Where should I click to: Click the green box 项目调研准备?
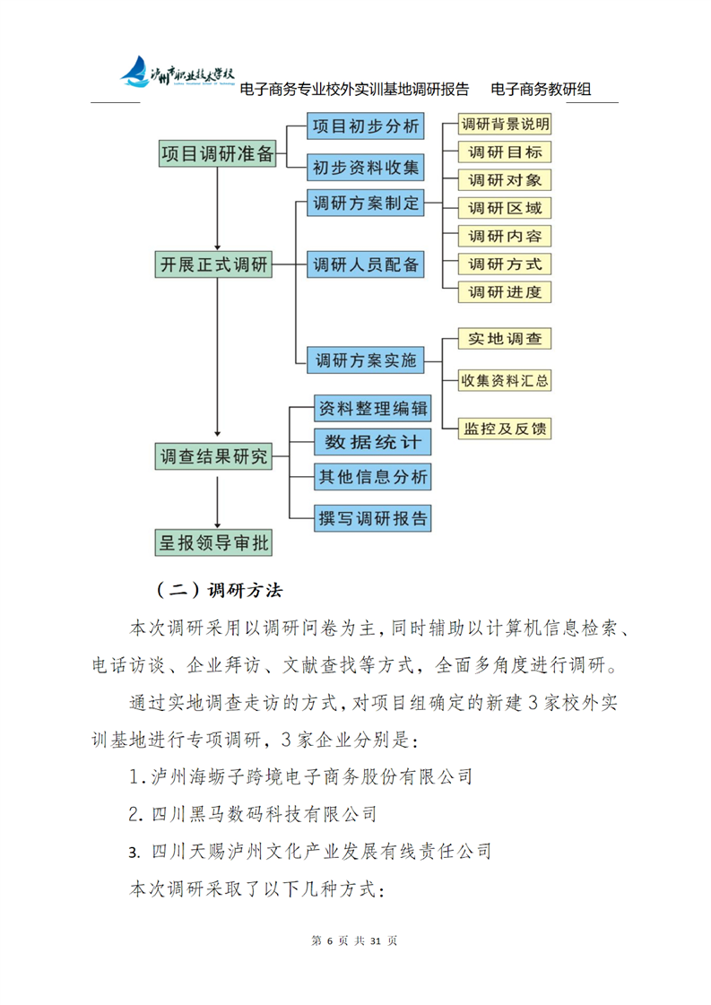(217, 153)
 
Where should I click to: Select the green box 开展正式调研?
(213, 265)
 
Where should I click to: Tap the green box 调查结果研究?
(213, 456)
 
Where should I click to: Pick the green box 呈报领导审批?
(213, 541)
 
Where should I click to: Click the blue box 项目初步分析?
(365, 126)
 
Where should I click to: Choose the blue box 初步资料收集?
(365, 167)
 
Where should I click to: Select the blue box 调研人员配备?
(365, 265)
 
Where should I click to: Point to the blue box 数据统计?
(372, 442)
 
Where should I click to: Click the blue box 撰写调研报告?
(372, 517)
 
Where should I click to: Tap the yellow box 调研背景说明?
(504, 124)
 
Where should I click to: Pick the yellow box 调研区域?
(504, 208)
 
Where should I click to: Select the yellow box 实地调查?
(504, 339)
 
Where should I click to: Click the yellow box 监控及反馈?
(504, 429)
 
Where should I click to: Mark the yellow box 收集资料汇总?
(504, 380)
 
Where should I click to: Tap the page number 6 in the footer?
(330, 940)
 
